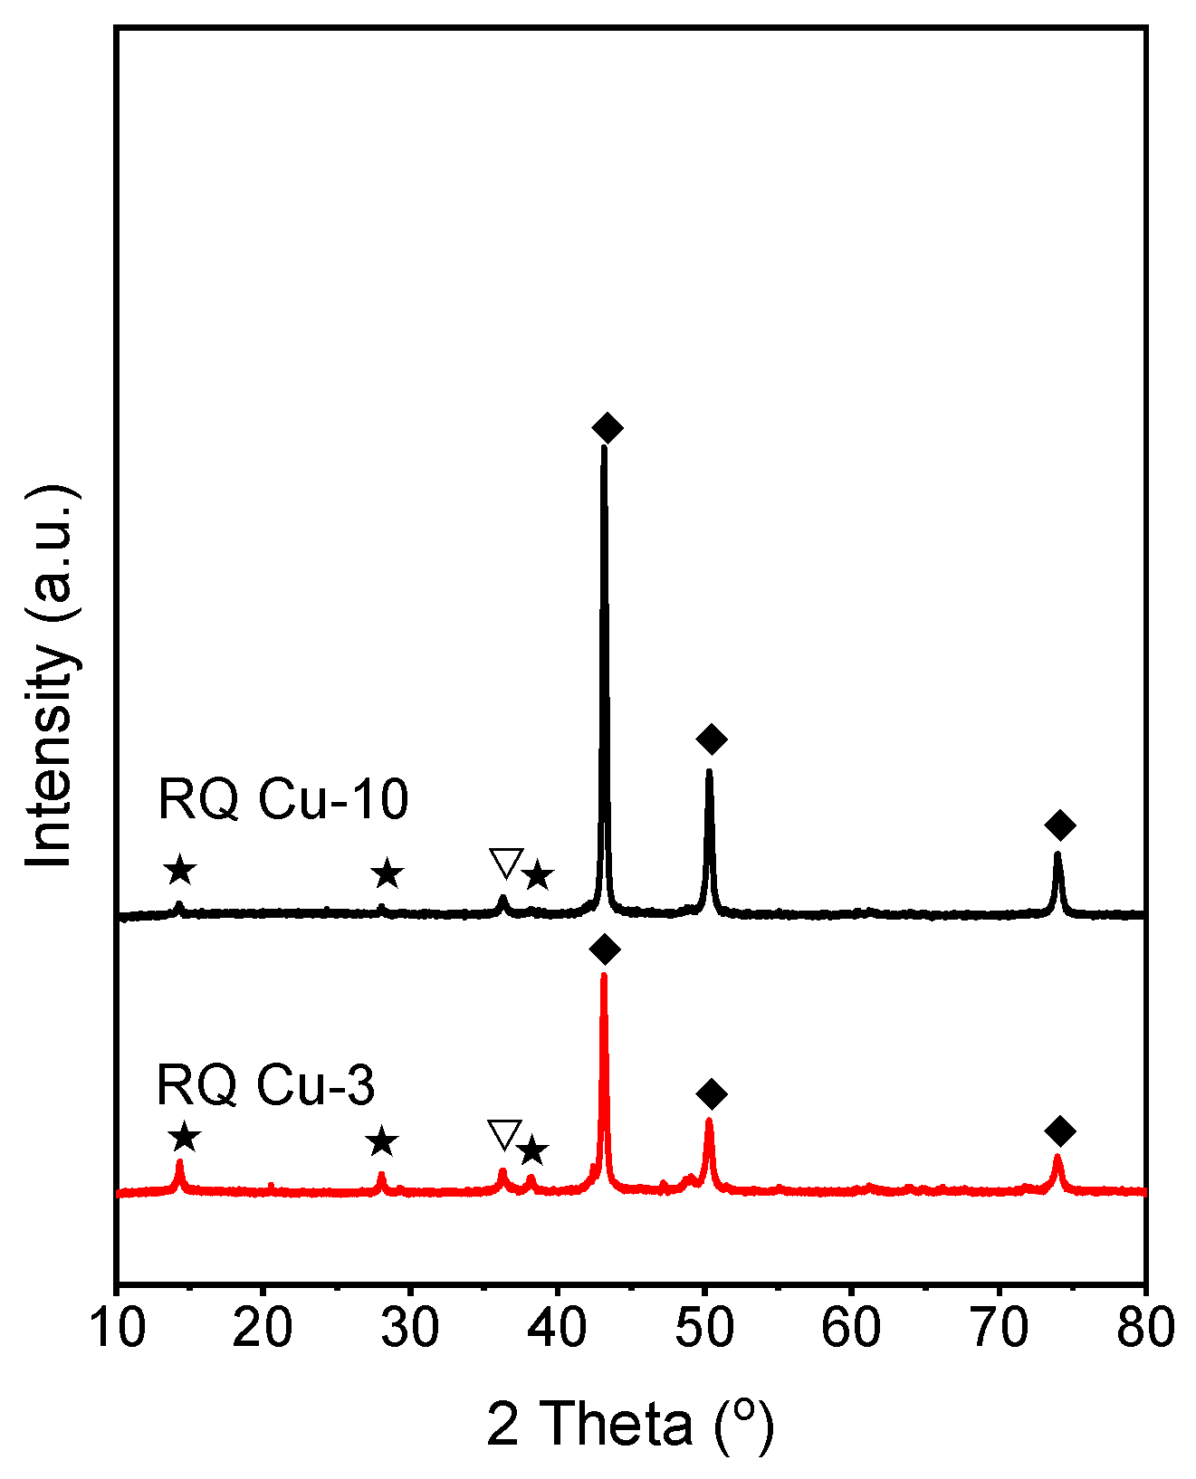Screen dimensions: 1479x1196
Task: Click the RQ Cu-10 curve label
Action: [282, 800]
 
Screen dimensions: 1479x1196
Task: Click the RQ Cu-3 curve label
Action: [265, 1084]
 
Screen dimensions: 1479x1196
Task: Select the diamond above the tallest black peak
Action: [608, 428]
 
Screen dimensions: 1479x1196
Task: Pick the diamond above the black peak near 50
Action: [712, 739]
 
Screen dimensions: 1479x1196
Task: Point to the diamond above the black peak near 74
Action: [1059, 825]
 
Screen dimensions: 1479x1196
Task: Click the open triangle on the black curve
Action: [506, 863]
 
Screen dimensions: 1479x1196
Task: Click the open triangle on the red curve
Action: [504, 1133]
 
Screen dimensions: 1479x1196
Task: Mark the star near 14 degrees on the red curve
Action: [184, 1138]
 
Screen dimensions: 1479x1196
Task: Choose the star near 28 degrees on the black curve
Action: [388, 874]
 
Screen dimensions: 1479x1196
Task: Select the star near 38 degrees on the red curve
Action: [532, 1151]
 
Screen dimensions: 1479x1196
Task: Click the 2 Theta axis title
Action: [631, 1425]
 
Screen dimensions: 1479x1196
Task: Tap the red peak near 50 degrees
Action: [709, 1123]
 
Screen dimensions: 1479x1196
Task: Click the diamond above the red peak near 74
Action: [1059, 1131]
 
